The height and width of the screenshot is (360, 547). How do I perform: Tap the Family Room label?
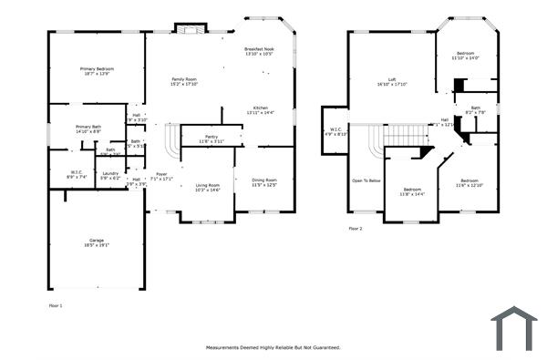click(185, 79)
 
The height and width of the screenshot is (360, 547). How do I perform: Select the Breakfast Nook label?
click(259, 48)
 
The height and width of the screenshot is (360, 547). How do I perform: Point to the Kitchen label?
click(260, 108)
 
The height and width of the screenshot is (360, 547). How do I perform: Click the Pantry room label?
click(211, 136)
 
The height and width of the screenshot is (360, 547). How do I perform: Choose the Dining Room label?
click(264, 180)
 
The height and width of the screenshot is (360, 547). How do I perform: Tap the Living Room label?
click(207, 185)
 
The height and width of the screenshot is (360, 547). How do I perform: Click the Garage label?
click(96, 240)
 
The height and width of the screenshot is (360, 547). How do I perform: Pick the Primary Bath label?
click(88, 127)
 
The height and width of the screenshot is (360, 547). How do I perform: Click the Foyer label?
click(161, 173)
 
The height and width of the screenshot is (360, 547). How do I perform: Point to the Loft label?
click(392, 79)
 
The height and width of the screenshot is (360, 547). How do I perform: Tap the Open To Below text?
click(366, 180)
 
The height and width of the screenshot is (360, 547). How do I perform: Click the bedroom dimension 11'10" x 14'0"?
click(465, 58)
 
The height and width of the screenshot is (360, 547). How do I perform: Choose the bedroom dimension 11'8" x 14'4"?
click(411, 194)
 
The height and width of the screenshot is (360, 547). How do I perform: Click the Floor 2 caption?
click(356, 228)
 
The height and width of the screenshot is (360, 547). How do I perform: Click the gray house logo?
click(514, 327)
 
